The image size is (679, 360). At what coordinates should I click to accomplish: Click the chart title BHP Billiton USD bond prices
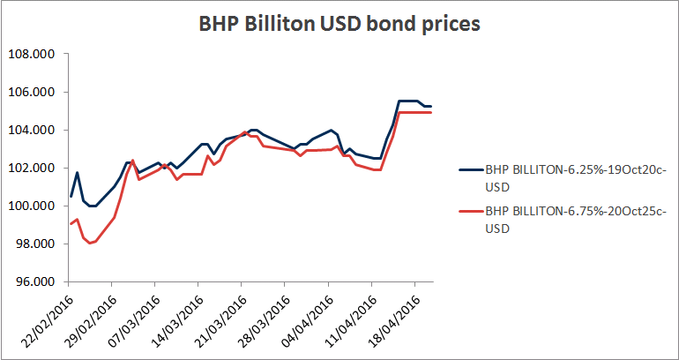tap(339, 25)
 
